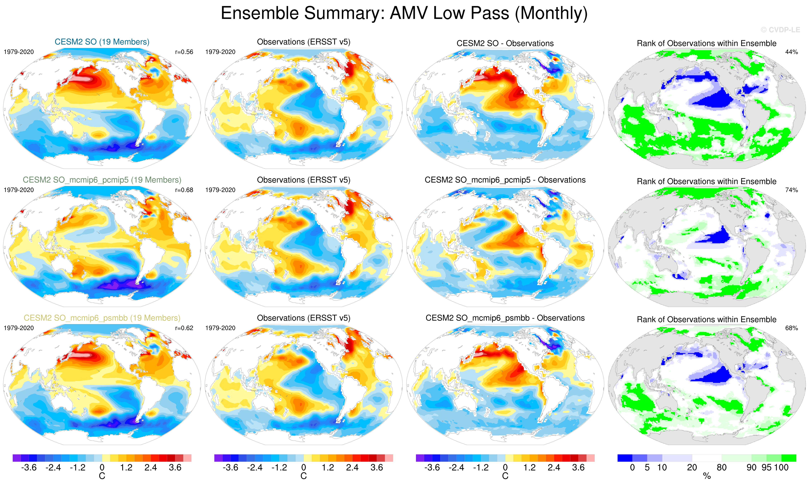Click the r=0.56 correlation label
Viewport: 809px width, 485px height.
tap(184, 52)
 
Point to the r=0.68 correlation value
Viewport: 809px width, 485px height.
tap(184, 190)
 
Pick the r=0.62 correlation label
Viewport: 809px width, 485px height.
tap(184, 328)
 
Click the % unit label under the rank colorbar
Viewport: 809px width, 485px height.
tap(707, 476)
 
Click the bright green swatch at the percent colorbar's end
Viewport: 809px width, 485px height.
tap(789, 458)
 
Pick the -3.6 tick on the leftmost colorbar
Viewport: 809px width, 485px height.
tap(29, 467)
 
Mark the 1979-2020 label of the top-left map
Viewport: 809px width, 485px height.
tap(19, 52)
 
